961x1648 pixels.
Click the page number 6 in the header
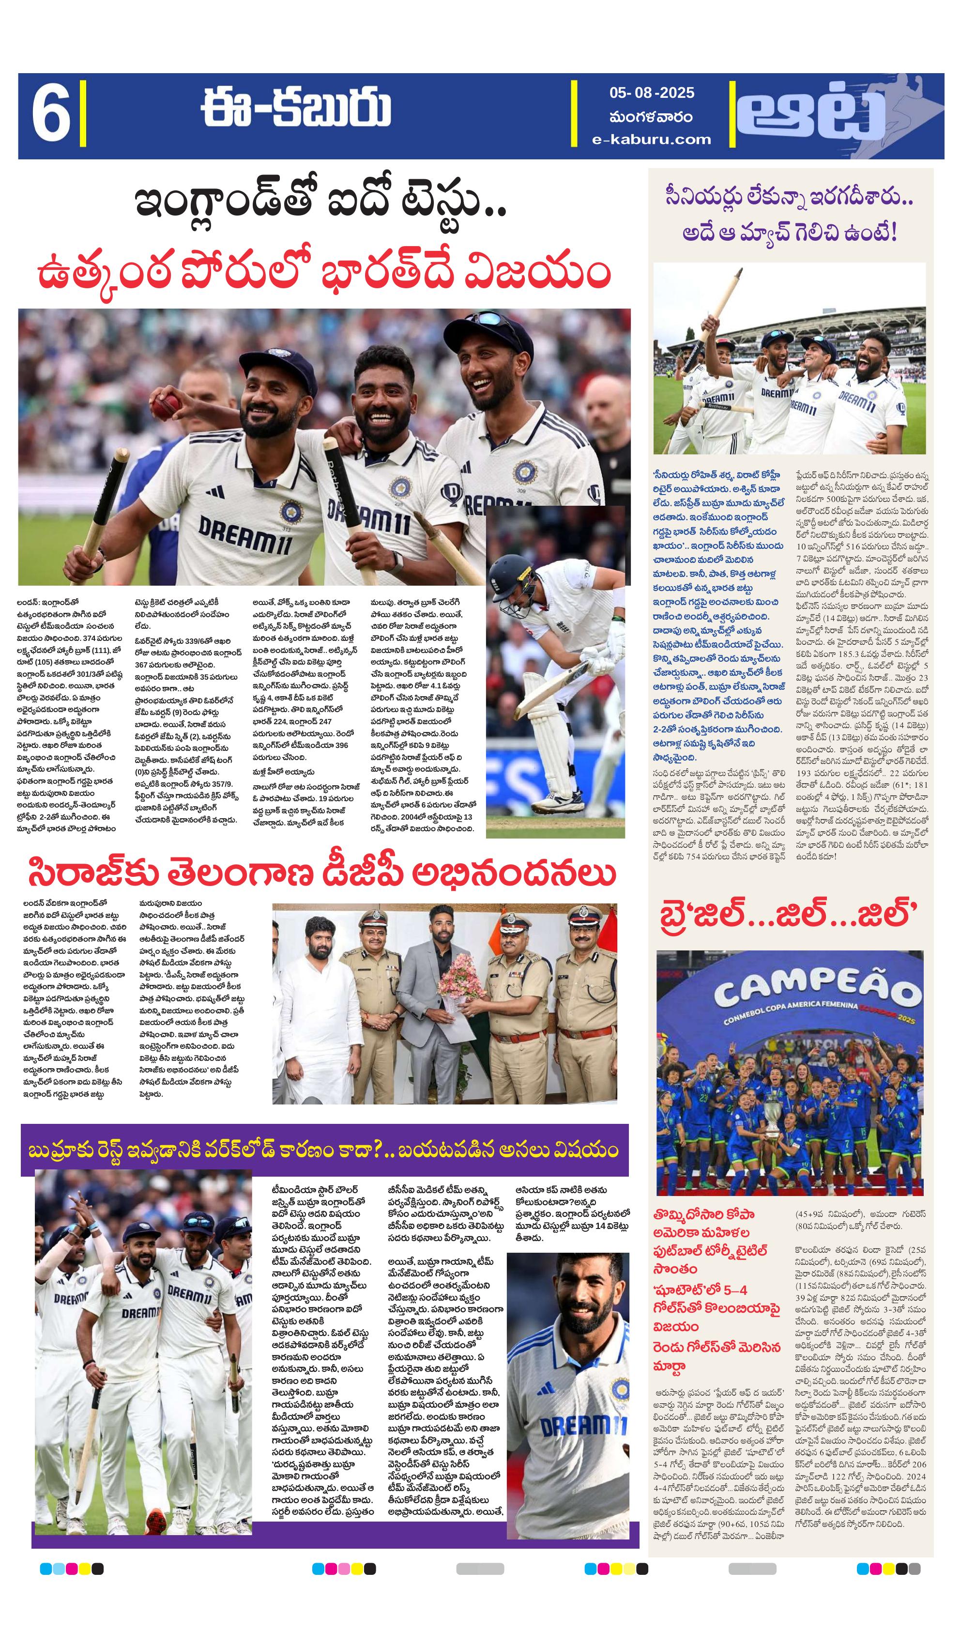pos(50,116)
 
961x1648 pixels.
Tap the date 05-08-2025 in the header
pos(651,93)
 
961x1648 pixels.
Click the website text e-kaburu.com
pos(651,139)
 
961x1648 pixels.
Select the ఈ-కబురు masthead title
pos(296,108)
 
